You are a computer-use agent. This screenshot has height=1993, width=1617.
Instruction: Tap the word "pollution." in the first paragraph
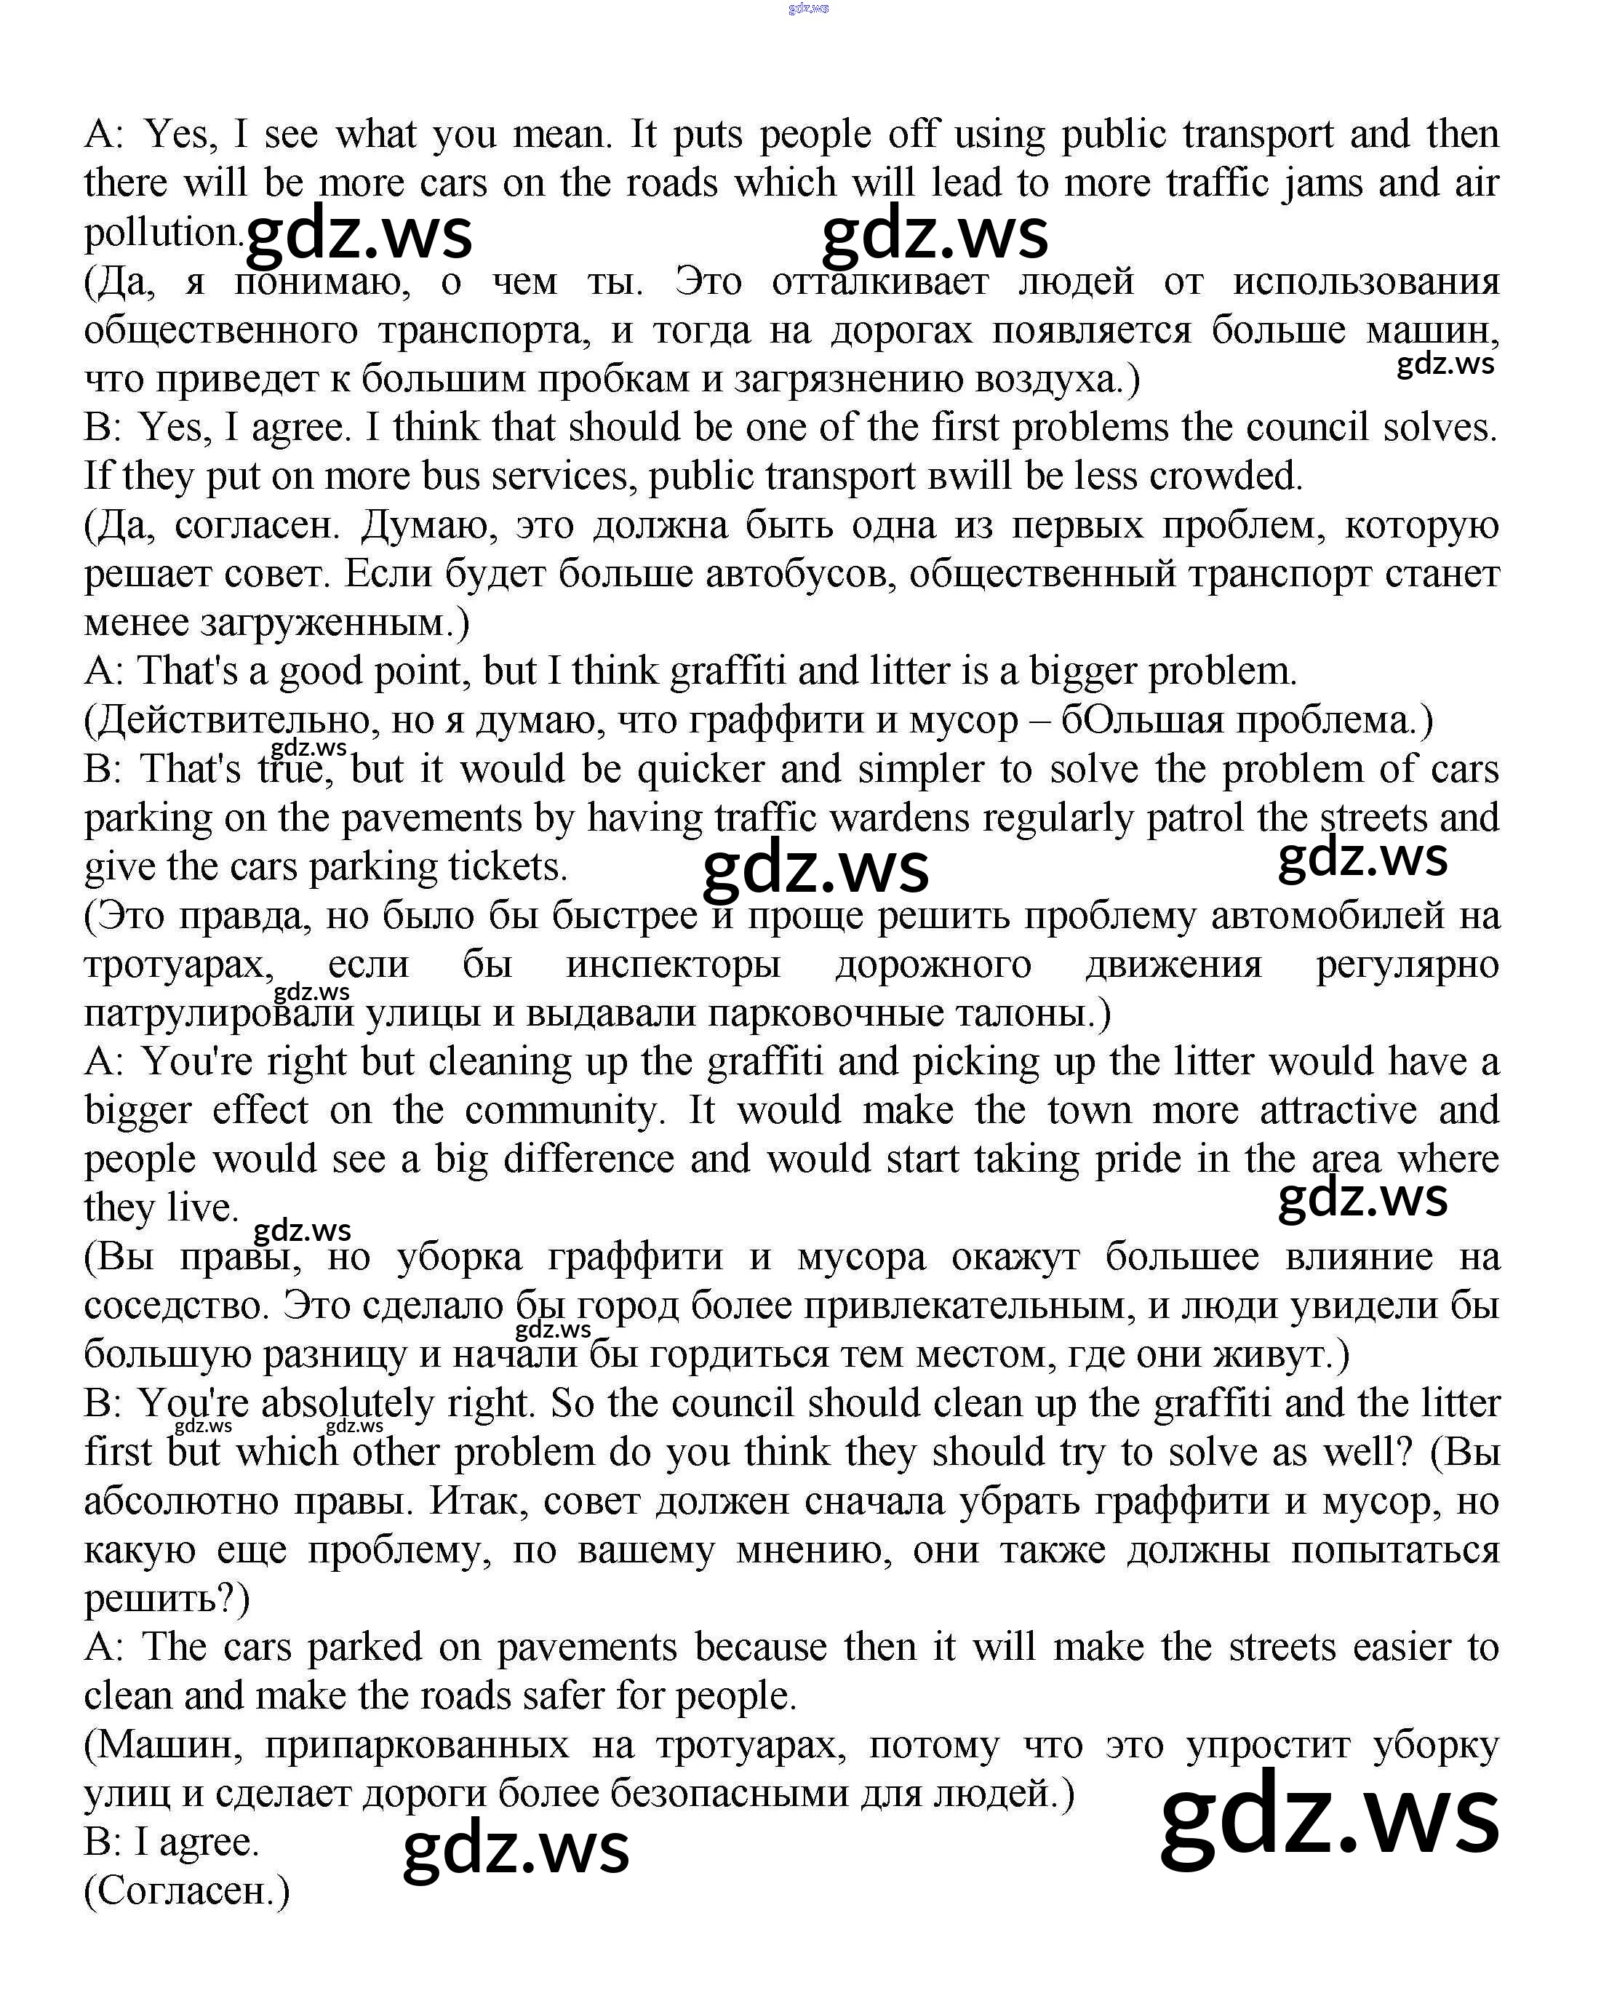click(163, 233)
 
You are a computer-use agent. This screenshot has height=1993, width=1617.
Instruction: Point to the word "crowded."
click(1226, 476)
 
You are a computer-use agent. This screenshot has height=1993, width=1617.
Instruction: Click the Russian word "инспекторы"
click(673, 964)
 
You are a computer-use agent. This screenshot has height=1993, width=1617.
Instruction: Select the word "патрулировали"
click(219, 1013)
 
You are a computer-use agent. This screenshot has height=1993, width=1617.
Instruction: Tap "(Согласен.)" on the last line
click(187, 1891)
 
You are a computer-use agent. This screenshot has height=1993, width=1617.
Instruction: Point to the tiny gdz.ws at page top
click(807, 9)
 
